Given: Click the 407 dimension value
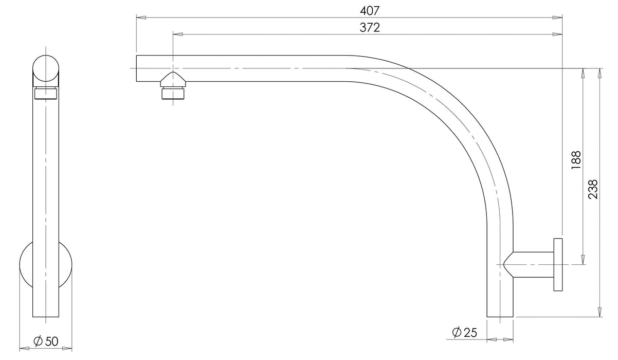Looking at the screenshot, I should [x=374, y=10].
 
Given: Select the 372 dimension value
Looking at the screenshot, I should [x=370, y=28].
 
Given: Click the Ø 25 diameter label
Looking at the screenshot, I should [x=465, y=333].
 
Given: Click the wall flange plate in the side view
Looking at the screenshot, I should [x=558, y=265].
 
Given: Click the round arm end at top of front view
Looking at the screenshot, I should [x=46, y=68].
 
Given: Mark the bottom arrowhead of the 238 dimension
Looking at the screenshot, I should [x=599, y=313].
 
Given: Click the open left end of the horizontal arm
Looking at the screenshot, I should [x=137, y=68].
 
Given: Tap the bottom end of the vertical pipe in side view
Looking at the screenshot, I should [x=46, y=316].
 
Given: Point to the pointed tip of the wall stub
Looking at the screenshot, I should [x=505, y=264].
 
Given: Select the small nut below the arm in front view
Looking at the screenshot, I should [x=46, y=94].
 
